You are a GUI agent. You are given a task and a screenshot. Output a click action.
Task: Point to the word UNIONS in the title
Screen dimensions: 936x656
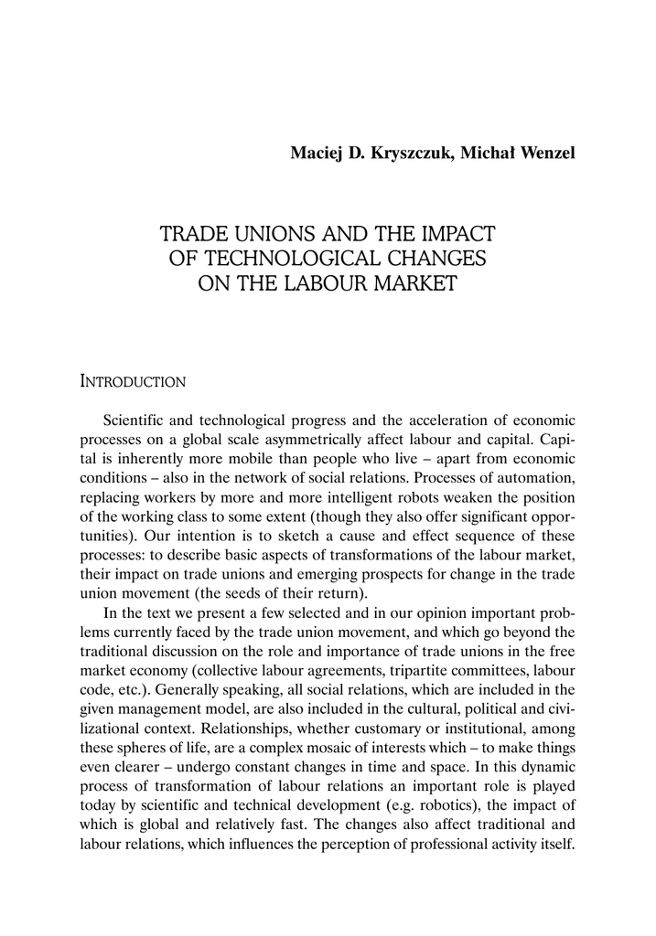(x=266, y=233)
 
